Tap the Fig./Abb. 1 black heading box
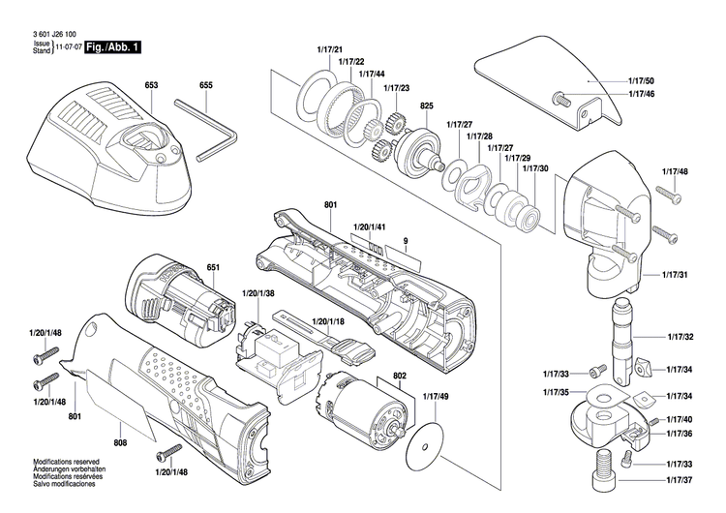112,46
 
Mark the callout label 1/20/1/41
370,226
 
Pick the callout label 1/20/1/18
330,321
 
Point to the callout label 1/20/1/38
257,293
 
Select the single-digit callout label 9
406,240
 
